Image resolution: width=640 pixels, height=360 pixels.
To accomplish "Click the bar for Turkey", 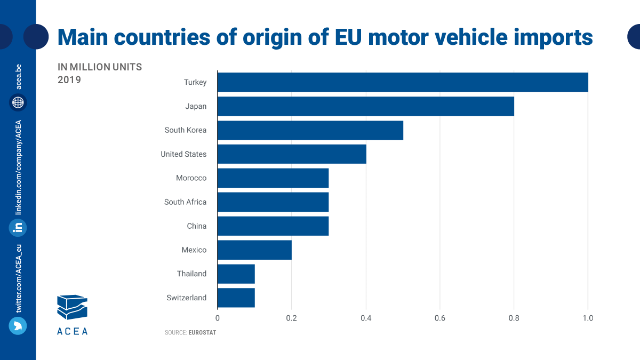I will pos(403,82).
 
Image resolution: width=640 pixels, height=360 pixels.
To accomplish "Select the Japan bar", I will pos(365,106).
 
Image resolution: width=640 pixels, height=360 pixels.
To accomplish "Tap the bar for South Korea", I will pos(310,130).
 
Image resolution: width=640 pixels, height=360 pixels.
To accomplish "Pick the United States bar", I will pos(292,154).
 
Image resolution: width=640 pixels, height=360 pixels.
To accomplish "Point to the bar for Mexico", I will pos(254,250).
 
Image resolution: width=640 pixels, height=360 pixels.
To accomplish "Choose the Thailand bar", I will pos(236,274).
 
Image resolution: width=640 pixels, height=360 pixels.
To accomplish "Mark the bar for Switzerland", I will pos(236,298).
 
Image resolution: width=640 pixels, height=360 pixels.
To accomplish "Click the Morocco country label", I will pos(191,178).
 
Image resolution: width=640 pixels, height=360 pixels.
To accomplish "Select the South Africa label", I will pos(185,202).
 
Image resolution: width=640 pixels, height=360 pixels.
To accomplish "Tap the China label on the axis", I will pos(196,226).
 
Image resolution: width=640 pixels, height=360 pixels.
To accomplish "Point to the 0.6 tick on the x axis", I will pos(439,318).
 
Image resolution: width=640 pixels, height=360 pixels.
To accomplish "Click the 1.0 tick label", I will pos(587,318).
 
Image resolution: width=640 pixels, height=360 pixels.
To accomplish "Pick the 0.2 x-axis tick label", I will pos(291,318).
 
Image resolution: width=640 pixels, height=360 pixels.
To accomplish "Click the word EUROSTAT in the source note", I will pos(202,332).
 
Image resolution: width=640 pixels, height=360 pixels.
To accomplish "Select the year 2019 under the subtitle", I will pos(69,80).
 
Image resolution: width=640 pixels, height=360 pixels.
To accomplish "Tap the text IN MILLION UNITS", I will pos(100,67).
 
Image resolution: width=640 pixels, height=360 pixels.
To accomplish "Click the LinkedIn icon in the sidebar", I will pos(18,228).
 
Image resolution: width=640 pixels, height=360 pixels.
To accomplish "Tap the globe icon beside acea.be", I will pos(18,102).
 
